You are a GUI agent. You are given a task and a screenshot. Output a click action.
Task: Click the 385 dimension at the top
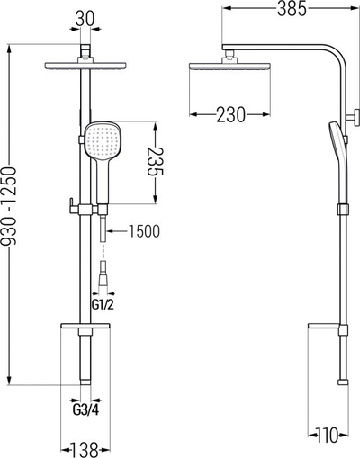tap(292, 9)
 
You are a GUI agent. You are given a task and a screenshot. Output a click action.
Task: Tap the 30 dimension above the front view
tap(85, 19)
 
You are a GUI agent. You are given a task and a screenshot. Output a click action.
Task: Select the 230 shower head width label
tap(230, 114)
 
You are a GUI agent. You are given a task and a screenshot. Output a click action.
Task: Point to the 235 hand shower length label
tap(156, 162)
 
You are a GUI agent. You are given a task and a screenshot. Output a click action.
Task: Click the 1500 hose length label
tap(144, 231)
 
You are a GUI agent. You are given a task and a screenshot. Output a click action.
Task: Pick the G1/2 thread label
tap(103, 305)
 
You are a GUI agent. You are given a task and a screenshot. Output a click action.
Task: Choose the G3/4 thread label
tap(85, 409)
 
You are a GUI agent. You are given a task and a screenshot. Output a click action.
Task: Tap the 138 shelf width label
tap(85, 450)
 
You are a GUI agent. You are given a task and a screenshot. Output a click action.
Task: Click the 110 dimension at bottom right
tap(328, 436)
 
